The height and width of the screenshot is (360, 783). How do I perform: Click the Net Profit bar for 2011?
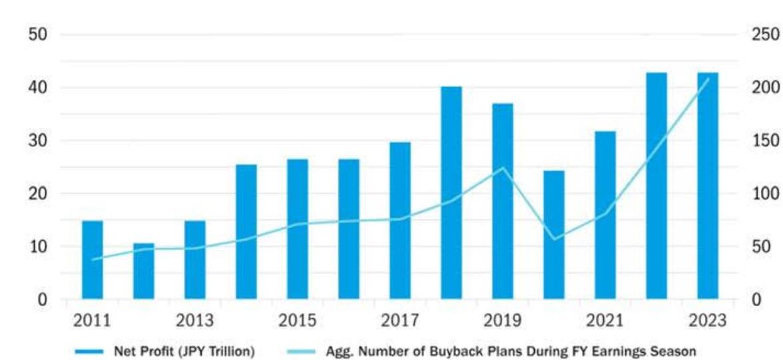point(93,260)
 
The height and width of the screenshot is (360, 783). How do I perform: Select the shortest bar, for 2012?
point(144,271)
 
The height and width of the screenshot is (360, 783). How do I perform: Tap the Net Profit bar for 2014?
point(246,232)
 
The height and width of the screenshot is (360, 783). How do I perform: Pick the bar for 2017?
point(400,221)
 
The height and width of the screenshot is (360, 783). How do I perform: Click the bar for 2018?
point(451,193)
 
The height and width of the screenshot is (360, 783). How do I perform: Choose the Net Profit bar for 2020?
point(554,235)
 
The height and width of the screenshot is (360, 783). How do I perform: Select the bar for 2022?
point(656,186)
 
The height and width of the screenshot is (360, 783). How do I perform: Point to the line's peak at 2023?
point(708,79)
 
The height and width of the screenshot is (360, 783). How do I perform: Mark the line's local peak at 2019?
point(503,167)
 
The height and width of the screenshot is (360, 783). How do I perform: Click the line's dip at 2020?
point(554,240)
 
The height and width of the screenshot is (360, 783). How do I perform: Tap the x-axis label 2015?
point(297,321)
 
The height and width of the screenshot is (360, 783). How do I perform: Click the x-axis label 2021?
point(605,321)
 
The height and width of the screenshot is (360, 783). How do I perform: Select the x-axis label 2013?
point(194,321)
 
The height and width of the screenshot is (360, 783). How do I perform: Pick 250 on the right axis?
point(764,35)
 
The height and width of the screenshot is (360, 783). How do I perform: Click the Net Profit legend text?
point(184,352)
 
